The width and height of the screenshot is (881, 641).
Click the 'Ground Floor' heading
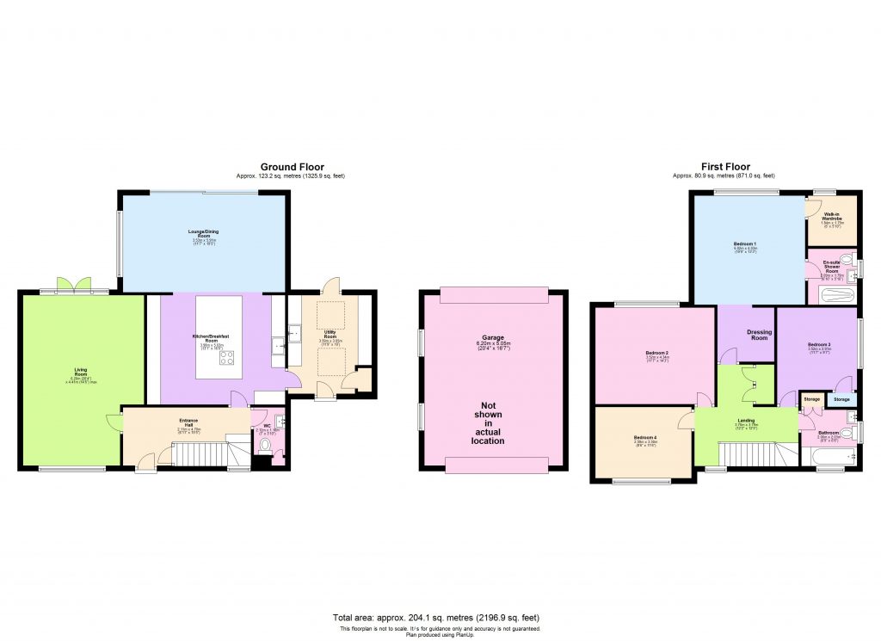(x=293, y=167)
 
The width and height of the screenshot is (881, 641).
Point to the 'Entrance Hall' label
(x=189, y=422)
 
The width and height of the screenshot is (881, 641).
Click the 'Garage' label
(x=494, y=339)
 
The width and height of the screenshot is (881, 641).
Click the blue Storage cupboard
(x=841, y=399)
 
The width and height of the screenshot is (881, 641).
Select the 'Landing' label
(x=746, y=421)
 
